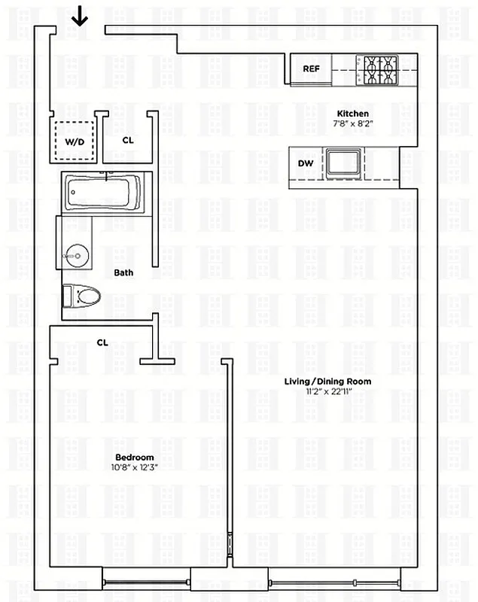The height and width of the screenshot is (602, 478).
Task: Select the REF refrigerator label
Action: [312, 69]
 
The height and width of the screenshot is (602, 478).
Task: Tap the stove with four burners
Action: [379, 70]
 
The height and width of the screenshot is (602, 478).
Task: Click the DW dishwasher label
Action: [306, 163]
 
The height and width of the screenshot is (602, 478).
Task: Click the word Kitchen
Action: [352, 114]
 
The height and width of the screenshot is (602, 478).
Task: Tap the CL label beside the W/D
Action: [128, 140]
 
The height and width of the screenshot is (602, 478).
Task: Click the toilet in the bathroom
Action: [81, 295]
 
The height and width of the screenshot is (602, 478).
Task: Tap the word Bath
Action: [123, 272]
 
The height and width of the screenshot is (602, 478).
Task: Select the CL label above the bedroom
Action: [102, 342]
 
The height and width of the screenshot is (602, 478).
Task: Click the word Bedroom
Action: [134, 458]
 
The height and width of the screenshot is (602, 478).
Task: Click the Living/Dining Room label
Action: [327, 382]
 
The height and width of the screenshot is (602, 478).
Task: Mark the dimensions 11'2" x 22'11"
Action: [327, 391]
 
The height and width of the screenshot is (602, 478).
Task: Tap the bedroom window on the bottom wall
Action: [146, 580]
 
